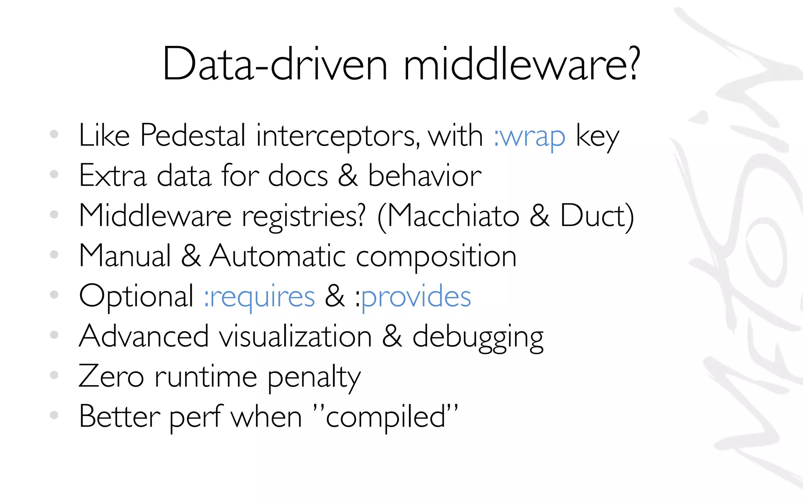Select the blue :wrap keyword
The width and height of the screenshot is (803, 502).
(x=529, y=137)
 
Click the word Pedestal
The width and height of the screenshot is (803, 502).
(x=193, y=135)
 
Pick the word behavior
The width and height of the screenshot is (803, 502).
(x=425, y=176)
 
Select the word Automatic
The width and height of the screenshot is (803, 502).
(x=278, y=256)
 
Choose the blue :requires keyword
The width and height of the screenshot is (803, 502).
(x=259, y=297)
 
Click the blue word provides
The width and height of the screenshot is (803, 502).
(x=416, y=297)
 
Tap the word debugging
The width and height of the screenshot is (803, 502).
(x=478, y=338)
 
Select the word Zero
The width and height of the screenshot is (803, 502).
(x=111, y=376)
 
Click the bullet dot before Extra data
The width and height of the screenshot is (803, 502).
(x=54, y=174)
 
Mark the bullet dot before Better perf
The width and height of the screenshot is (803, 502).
(x=54, y=415)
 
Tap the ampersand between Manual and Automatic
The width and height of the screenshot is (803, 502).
(x=191, y=256)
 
